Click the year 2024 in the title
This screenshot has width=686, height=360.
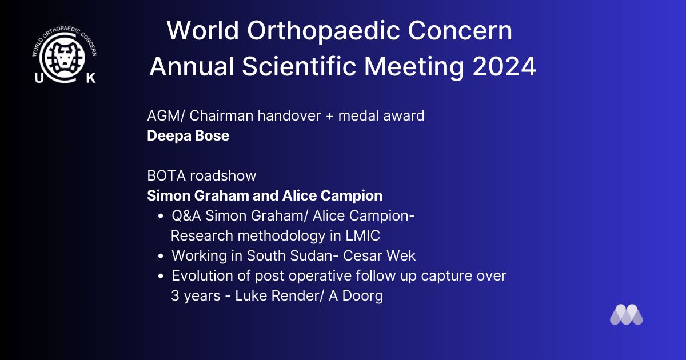coord(504,66)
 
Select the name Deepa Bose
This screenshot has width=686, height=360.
coord(188,135)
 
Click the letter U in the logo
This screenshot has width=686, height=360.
coord(39,78)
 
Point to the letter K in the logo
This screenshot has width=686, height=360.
coord(91,78)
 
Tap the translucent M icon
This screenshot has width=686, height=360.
coord(627,314)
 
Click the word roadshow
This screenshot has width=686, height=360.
coord(223,176)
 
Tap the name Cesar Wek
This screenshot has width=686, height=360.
coord(379,255)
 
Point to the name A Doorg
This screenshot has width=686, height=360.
coord(356,296)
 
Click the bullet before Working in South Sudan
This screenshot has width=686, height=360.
coord(161,256)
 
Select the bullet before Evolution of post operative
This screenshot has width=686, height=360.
coord(161,276)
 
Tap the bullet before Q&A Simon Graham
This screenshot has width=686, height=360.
coord(161,216)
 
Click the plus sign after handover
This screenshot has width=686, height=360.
coord(330,117)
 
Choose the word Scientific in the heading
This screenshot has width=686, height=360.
coord(299,66)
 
